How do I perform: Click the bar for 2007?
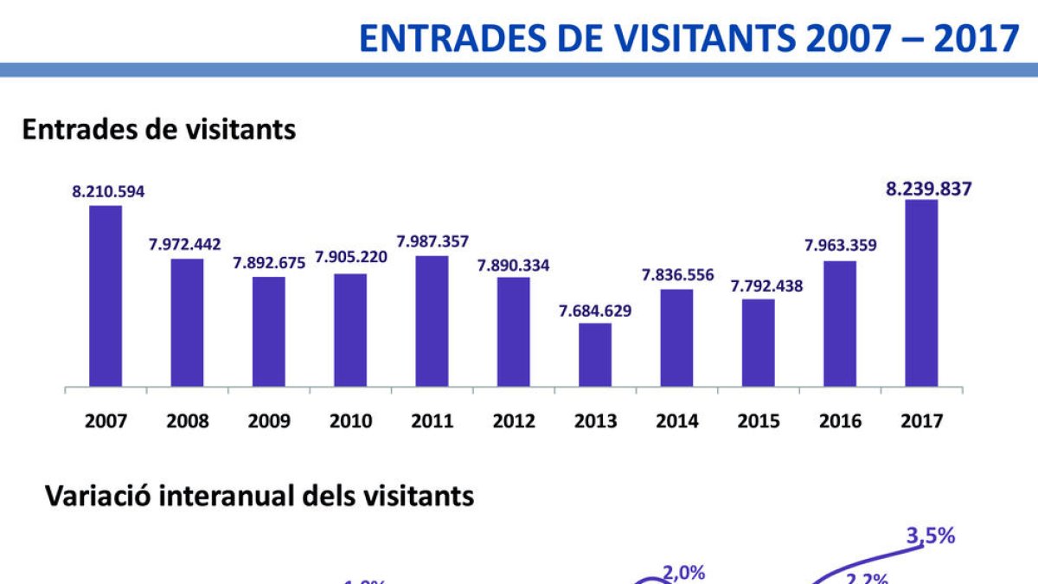click(x=106, y=296)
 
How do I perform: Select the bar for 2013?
click(x=595, y=355)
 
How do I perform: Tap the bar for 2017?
click(x=921, y=293)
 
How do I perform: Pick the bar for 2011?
click(x=432, y=321)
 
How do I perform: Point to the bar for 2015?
click(x=759, y=343)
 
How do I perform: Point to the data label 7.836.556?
click(x=677, y=275)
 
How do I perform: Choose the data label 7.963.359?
click(x=840, y=245)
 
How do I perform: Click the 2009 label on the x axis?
click(x=269, y=421)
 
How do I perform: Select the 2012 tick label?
click(x=514, y=421)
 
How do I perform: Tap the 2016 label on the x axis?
click(x=840, y=421)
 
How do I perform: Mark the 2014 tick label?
click(x=677, y=421)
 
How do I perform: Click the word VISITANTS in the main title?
click(x=695, y=38)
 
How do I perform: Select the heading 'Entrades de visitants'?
click(x=159, y=130)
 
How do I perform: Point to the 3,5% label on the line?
click(x=930, y=536)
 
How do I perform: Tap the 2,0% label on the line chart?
click(x=684, y=572)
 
